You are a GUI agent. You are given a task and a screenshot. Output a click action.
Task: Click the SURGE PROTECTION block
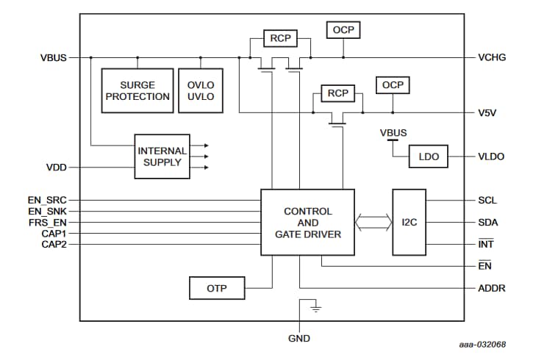(x=137, y=90)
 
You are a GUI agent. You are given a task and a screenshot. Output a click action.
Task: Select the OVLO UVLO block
(x=201, y=90)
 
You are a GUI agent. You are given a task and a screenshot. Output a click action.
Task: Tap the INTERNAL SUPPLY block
(x=162, y=156)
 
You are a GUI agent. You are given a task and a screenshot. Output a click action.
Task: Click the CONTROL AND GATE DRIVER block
(x=307, y=222)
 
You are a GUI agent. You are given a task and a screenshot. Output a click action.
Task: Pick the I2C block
(x=409, y=222)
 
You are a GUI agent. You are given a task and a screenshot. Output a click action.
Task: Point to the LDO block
(x=428, y=156)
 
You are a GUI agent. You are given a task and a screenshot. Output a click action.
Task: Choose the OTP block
(x=216, y=289)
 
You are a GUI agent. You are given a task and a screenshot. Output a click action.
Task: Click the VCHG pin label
(x=492, y=57)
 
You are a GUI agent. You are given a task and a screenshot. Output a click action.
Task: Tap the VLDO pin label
(x=492, y=156)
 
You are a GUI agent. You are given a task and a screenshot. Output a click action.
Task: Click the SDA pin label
(x=487, y=222)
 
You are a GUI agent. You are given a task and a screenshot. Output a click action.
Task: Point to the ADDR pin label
(x=491, y=289)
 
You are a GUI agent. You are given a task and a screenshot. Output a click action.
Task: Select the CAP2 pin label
(x=54, y=244)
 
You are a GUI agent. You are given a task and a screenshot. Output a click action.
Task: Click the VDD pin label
(x=57, y=168)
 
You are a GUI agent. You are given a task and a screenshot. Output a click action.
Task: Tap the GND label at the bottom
(x=299, y=339)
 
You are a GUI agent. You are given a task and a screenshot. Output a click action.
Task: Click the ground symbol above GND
(x=316, y=307)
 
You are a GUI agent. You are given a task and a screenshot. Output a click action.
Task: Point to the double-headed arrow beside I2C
(x=373, y=222)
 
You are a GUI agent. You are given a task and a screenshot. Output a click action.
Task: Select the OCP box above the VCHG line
(x=343, y=30)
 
